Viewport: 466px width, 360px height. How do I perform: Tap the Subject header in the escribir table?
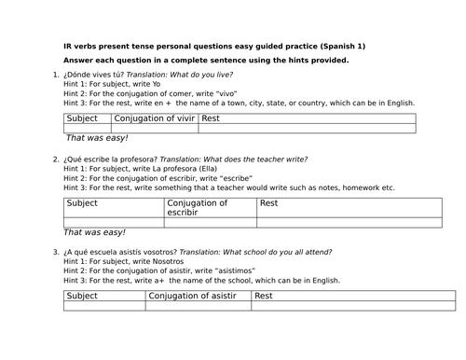82,202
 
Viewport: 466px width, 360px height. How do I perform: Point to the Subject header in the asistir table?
82,296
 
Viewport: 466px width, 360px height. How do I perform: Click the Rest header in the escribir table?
268,202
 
